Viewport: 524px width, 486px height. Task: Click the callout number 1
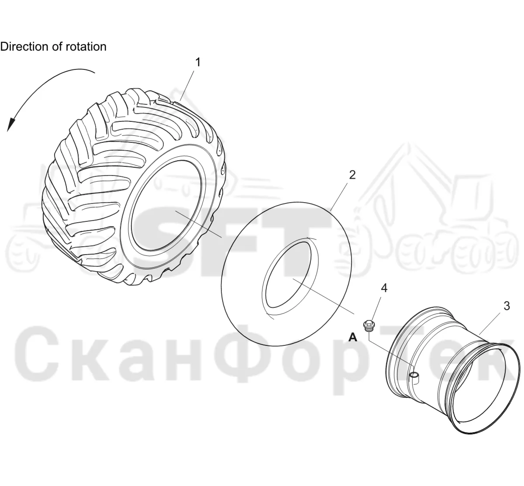click(198, 62)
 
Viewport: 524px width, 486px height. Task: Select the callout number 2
click(352, 175)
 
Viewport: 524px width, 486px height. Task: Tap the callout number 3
click(507, 306)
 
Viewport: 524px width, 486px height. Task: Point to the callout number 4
click(384, 288)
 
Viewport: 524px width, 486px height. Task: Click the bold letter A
click(353, 337)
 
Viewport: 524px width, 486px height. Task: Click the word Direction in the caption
click(24, 47)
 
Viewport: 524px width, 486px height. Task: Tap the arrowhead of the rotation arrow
click(11, 124)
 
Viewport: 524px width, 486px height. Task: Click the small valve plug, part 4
click(369, 325)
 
